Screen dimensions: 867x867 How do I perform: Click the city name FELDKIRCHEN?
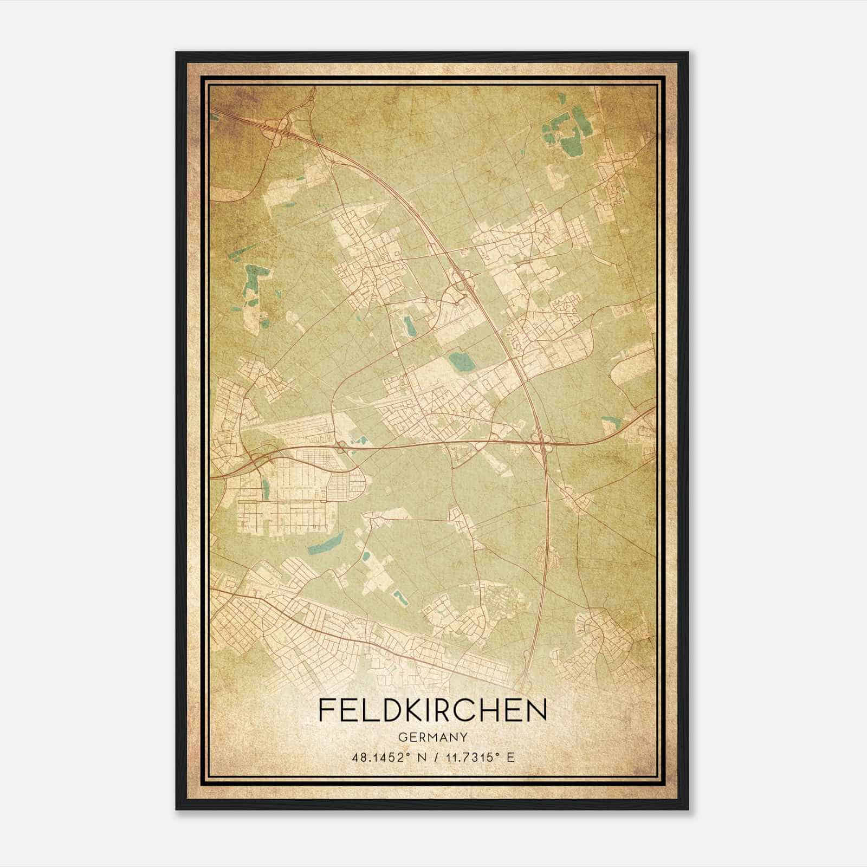tap(432, 710)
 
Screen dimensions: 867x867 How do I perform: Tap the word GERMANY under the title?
tap(432, 737)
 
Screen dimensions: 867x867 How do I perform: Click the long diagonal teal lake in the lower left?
tap(326, 544)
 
